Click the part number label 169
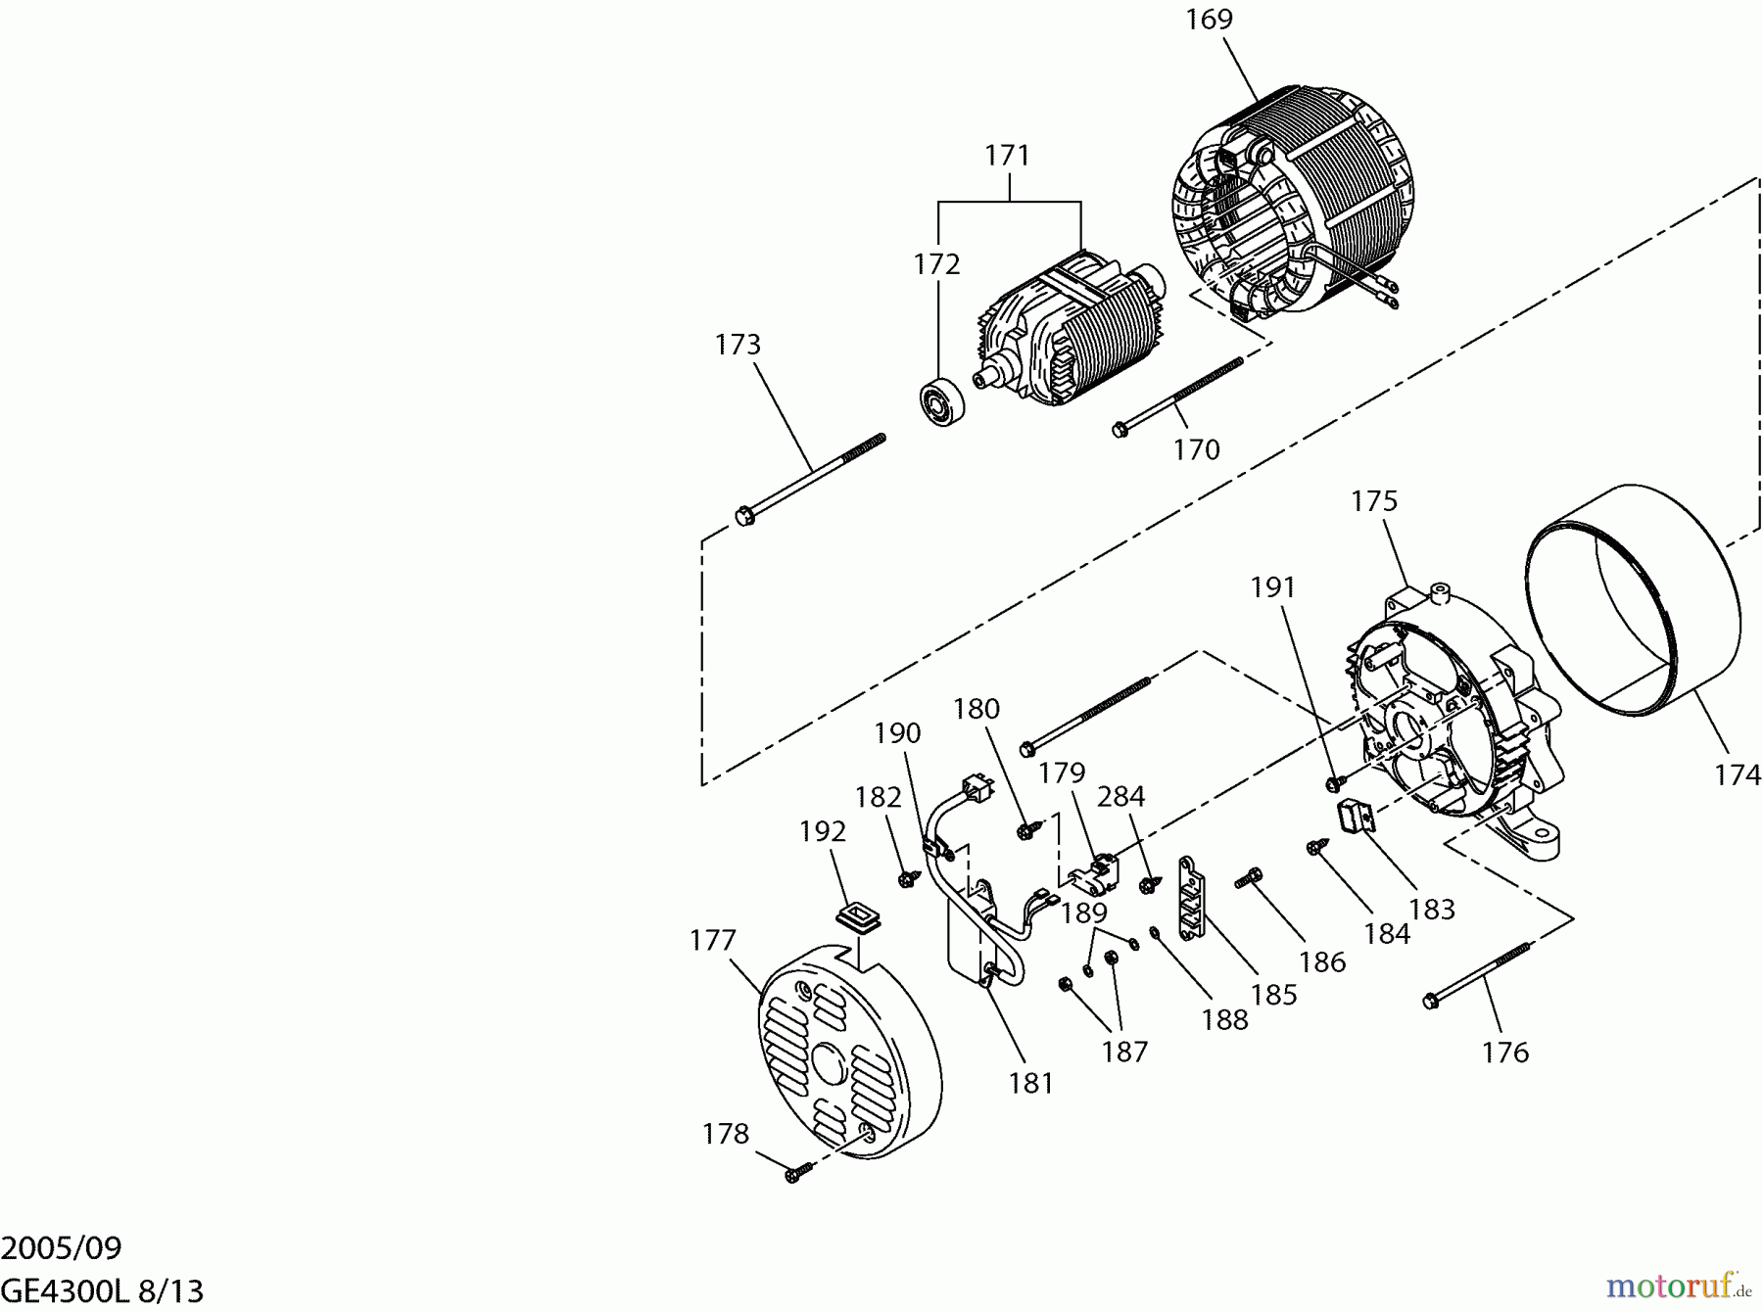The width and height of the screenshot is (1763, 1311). [x=1209, y=20]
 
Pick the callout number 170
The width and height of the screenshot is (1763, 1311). [x=1196, y=450]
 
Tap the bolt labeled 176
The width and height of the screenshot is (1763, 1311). [x=1479, y=974]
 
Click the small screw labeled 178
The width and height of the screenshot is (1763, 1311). [x=795, y=1171]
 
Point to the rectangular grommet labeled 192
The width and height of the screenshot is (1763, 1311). [x=857, y=917]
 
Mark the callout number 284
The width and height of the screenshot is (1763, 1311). [x=1120, y=797]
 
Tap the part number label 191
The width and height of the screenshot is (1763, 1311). [x=1272, y=587]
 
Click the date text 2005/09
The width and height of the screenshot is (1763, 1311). [x=62, y=1248]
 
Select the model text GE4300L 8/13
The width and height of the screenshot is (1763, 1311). [x=102, y=1290]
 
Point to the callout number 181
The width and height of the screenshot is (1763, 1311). [x=1031, y=1084]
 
